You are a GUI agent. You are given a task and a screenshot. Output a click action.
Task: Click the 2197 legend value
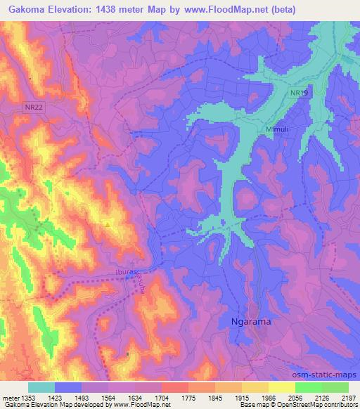[x=349, y=398]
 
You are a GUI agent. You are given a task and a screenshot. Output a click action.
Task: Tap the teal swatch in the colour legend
[x=41, y=387]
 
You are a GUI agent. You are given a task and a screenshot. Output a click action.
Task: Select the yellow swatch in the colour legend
[x=282, y=387]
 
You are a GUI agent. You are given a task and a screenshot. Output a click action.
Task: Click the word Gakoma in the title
[x=27, y=10]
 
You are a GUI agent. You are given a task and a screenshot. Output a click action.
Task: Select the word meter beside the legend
[x=11, y=398]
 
